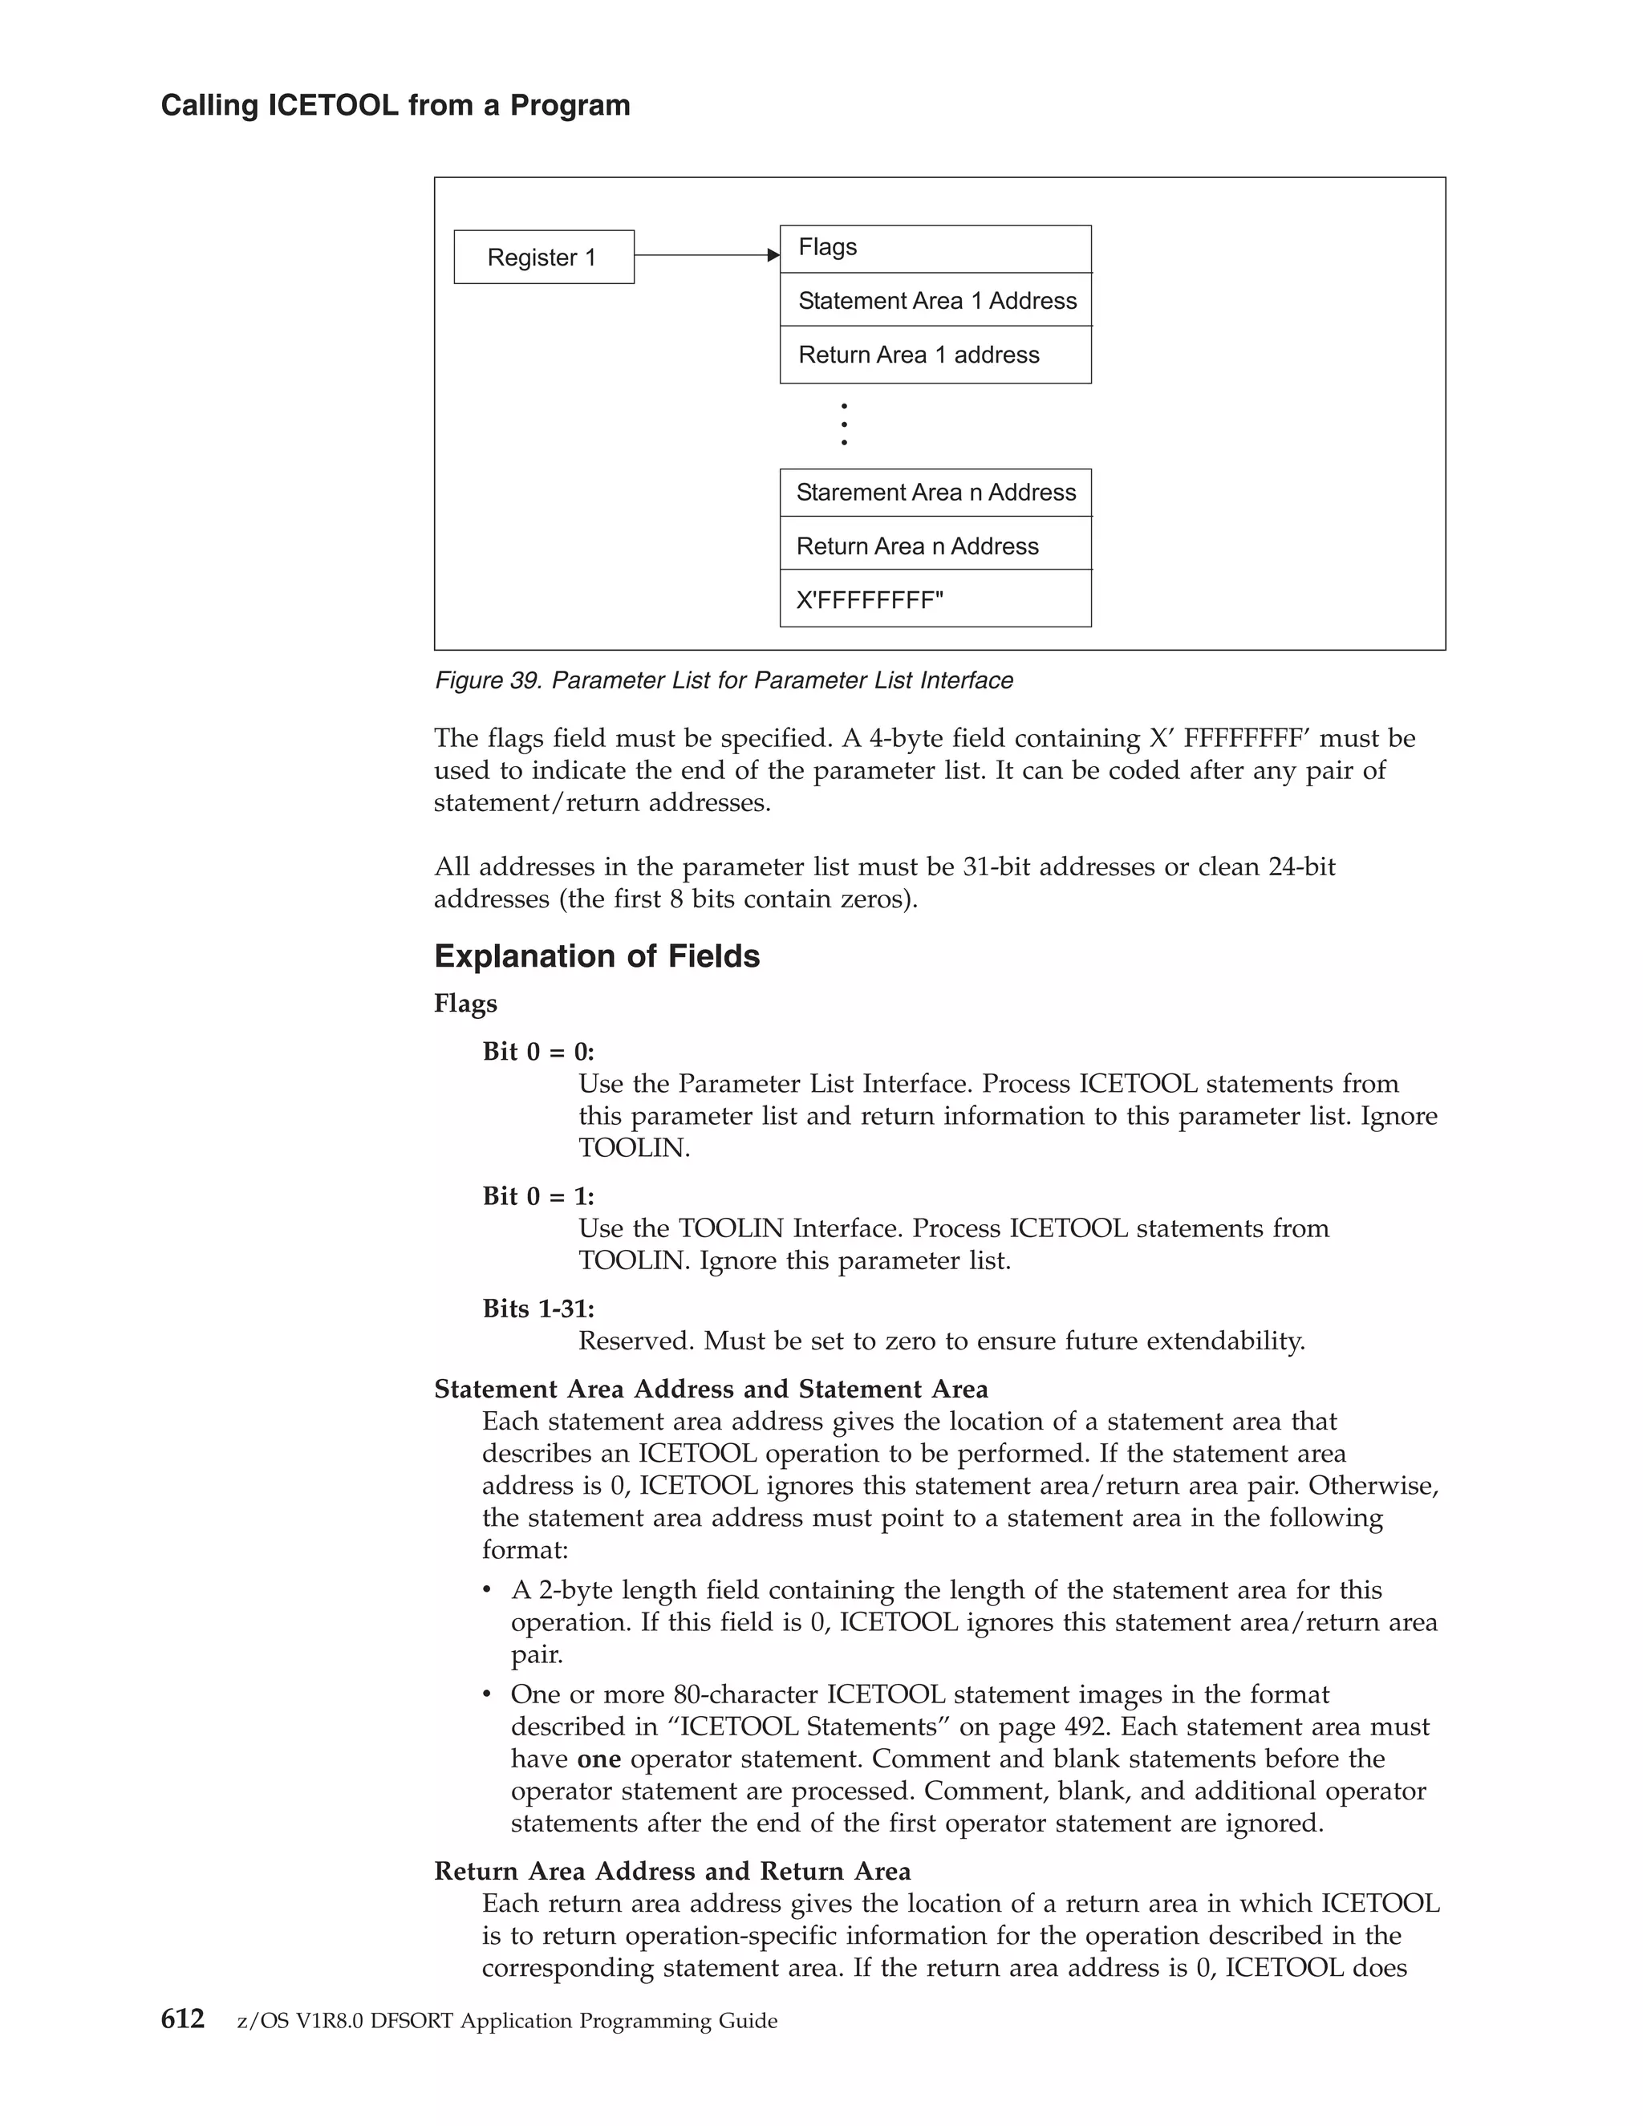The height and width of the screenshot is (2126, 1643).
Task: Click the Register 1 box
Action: [543, 257]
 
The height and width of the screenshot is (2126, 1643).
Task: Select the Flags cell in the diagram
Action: [935, 248]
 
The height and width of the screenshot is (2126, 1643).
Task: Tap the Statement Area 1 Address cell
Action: [935, 301]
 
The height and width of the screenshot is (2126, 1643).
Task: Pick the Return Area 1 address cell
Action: [935, 355]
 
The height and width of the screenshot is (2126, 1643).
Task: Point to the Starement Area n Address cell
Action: [935, 493]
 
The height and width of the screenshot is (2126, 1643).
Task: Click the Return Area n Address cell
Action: [935, 546]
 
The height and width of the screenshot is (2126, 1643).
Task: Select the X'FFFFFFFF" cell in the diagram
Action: [935, 599]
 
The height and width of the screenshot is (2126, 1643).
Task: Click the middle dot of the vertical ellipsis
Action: [844, 424]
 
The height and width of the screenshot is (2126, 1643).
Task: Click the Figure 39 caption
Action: [723, 680]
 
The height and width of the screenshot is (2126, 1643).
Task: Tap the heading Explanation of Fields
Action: [597, 956]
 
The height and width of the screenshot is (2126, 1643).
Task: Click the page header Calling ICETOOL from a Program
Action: [396, 105]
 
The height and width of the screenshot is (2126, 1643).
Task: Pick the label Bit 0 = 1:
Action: [538, 1195]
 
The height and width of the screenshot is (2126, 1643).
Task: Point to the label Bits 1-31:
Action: [538, 1308]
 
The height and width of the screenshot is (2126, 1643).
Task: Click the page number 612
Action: [182, 2020]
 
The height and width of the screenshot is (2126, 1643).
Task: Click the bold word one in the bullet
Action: [598, 1759]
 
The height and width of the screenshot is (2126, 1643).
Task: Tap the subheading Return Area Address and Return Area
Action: [671, 1871]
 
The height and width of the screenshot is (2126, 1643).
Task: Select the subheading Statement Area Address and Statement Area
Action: [711, 1389]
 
